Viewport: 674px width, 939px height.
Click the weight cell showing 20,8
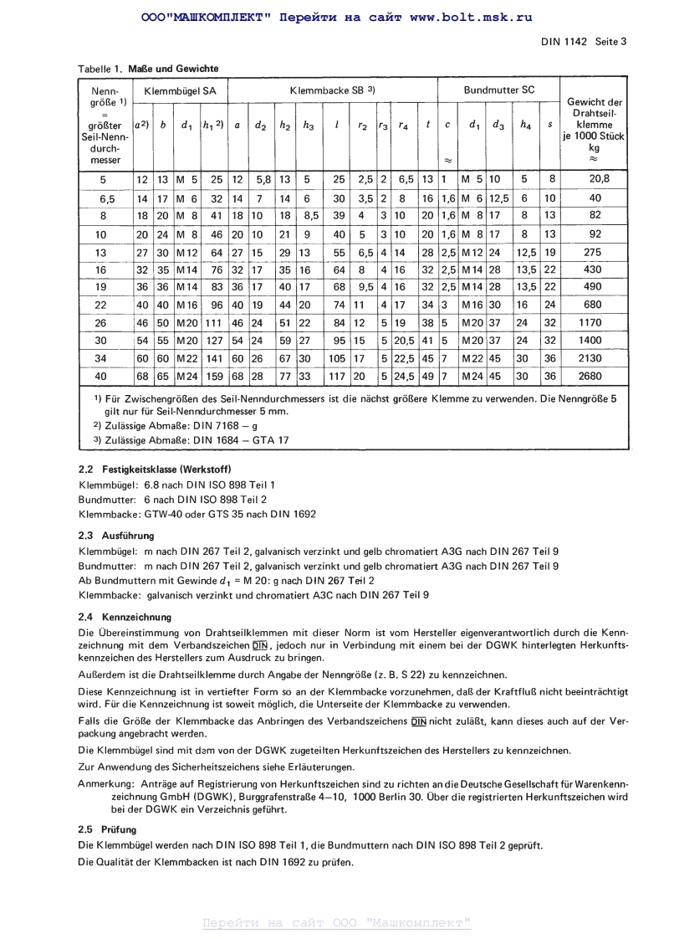(x=595, y=178)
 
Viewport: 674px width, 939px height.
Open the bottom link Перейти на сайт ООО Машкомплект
(x=337, y=923)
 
